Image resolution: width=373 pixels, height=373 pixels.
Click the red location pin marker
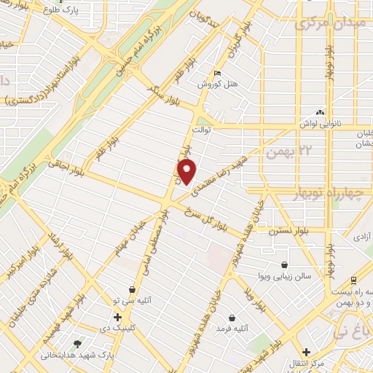pyautogui.click(x=188, y=172)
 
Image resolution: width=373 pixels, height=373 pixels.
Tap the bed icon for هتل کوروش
pyautogui.click(x=216, y=74)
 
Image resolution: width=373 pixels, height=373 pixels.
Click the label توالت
pyautogui.click(x=200, y=129)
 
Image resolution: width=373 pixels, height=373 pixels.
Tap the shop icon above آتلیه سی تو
pyautogui.click(x=131, y=288)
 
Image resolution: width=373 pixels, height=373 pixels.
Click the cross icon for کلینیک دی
pyautogui.click(x=117, y=318)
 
